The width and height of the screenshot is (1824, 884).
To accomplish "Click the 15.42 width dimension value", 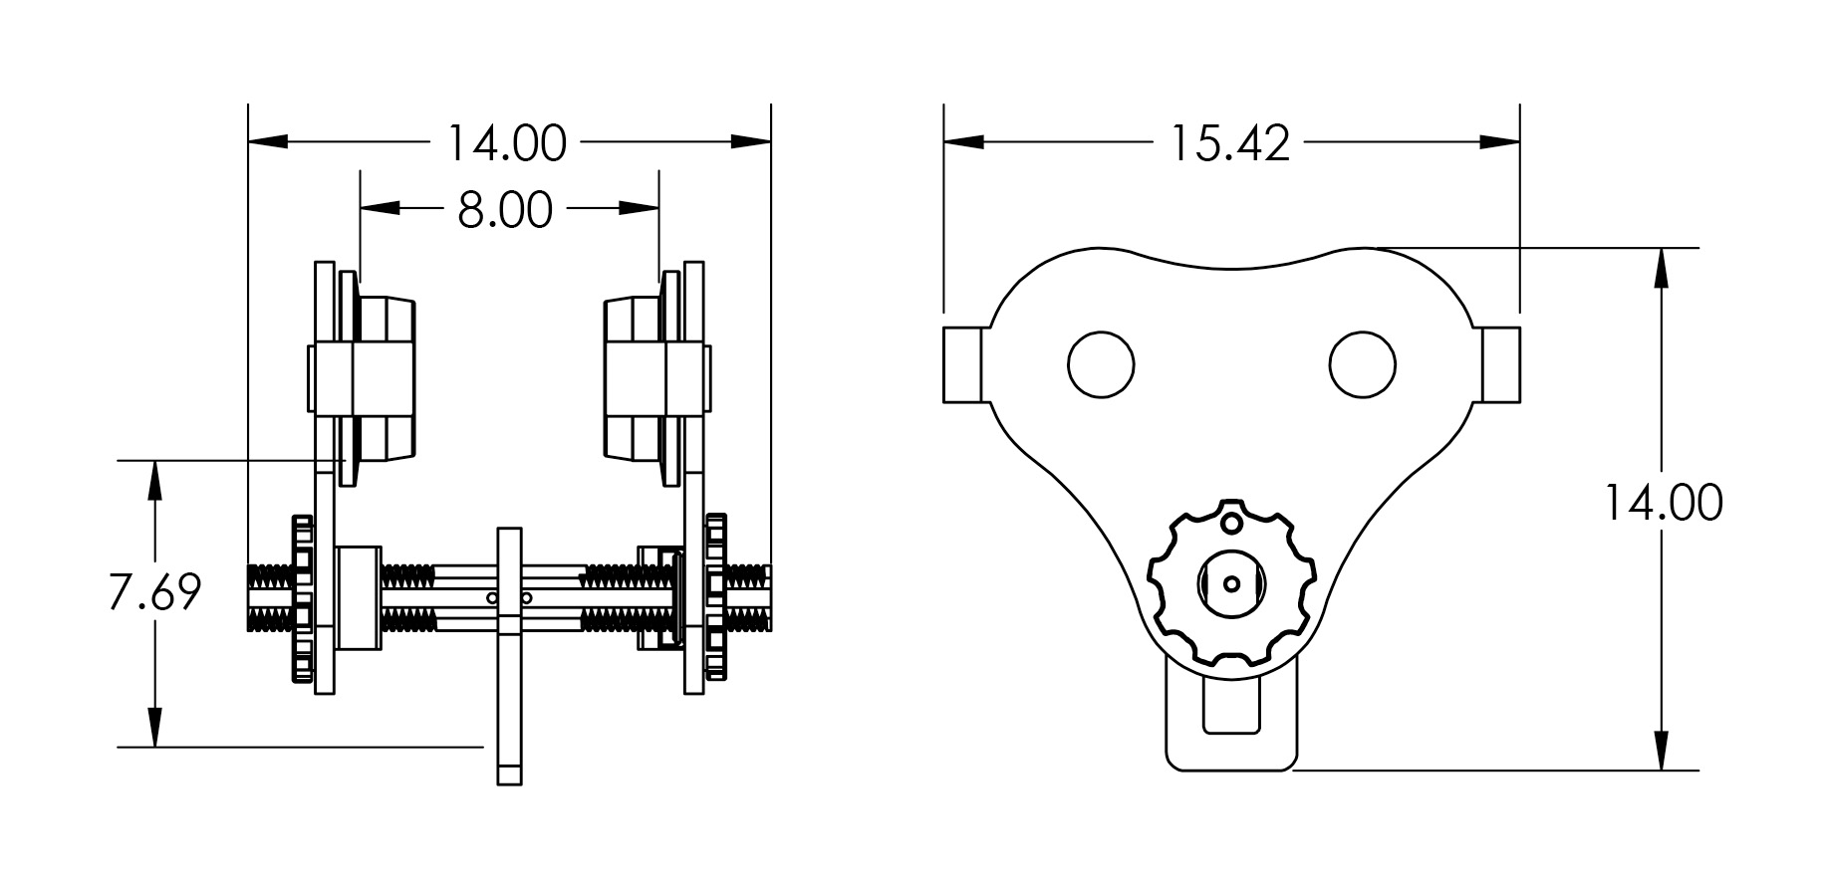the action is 1229,143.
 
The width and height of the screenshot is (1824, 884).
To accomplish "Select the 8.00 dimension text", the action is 505,210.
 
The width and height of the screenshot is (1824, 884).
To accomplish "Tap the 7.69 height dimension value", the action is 154,592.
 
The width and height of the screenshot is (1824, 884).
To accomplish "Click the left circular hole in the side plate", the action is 1101,365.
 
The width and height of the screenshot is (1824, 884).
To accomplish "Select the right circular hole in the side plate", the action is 1363,365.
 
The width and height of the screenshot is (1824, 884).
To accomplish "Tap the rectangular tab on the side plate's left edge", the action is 963,364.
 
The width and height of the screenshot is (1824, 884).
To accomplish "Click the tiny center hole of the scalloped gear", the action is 1231,583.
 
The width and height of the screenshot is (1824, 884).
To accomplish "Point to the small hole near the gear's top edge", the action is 1231,523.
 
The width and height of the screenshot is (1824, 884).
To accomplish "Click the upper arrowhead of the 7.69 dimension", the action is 154,479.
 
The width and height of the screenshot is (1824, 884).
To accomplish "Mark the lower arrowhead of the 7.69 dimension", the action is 154,728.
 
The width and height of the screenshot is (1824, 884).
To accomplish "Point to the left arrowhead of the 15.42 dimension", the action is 963,142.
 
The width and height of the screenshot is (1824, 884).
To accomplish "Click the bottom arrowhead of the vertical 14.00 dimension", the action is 1662,751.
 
